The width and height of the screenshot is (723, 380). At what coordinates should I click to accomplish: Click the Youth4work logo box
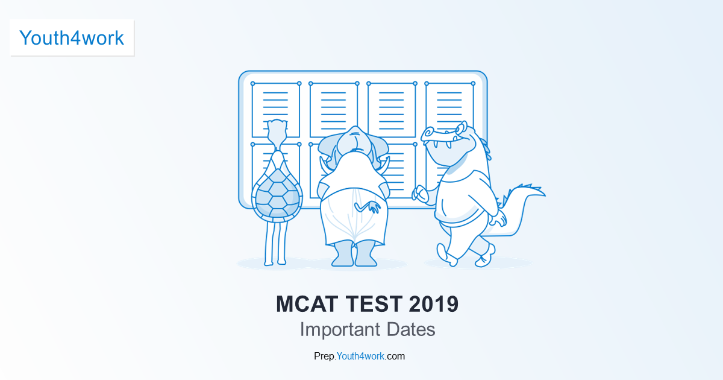[x=72, y=38]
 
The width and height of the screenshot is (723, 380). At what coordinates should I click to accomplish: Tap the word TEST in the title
[x=376, y=304]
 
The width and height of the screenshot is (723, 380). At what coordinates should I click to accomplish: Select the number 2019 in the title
[x=433, y=304]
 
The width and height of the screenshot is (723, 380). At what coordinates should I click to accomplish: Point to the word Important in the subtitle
[x=339, y=330]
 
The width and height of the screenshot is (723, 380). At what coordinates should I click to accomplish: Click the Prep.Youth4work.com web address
[x=359, y=356]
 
